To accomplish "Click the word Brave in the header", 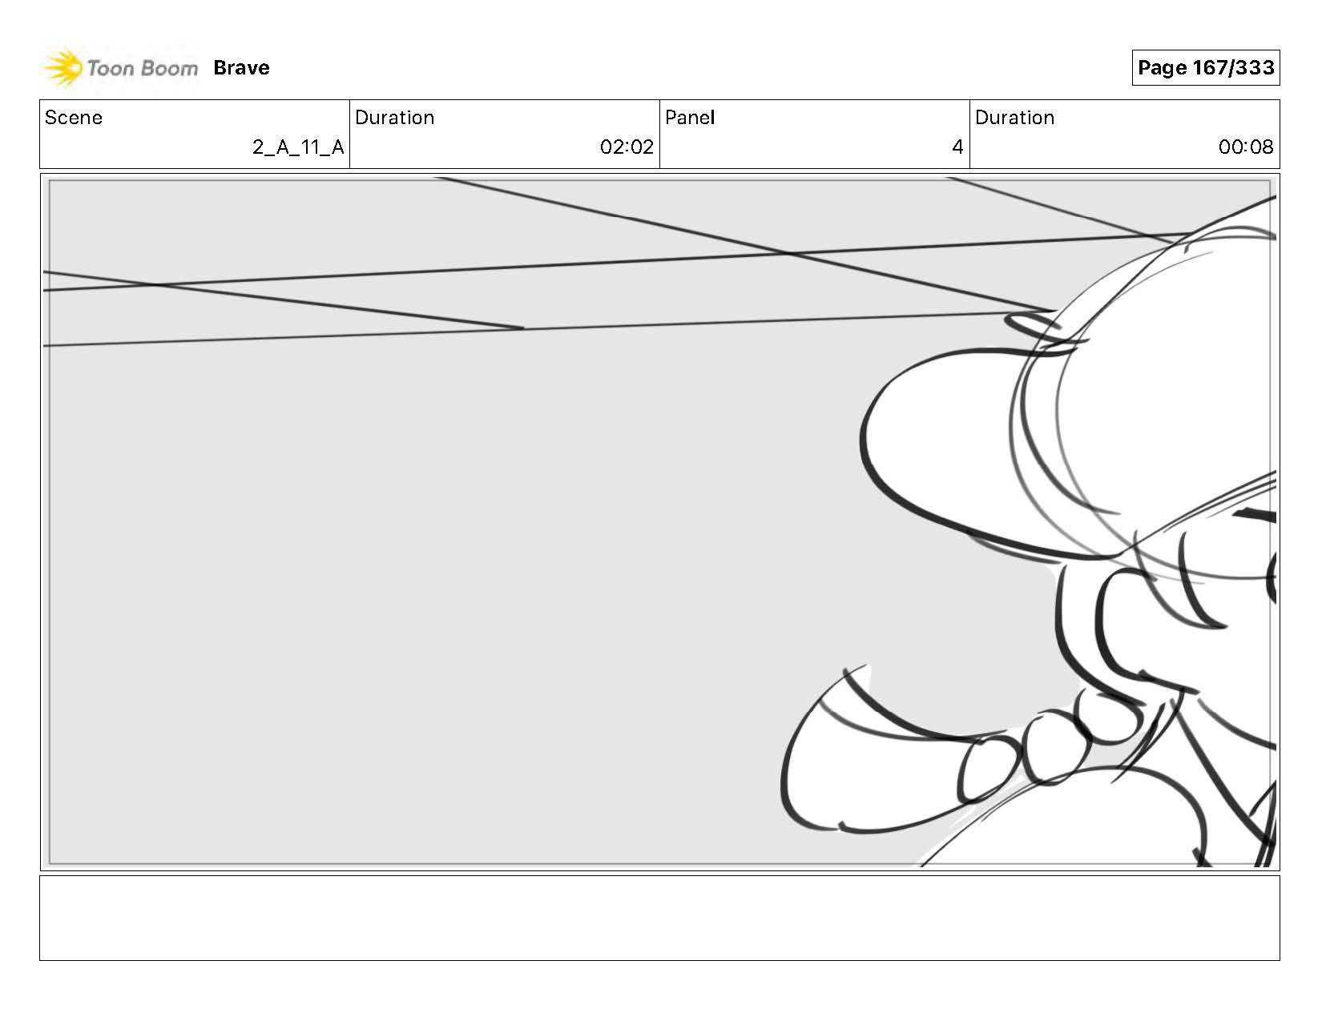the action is [x=241, y=68].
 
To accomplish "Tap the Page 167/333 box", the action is [x=1205, y=67].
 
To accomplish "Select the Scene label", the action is [x=74, y=118].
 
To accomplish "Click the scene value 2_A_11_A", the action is [x=298, y=147].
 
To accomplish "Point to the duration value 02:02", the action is [x=627, y=147].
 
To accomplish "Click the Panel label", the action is [x=689, y=118].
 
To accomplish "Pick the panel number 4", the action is [x=957, y=147].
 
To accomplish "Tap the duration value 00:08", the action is [x=1245, y=147].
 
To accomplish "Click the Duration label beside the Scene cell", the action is [x=394, y=118].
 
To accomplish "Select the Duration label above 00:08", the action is [x=1014, y=118].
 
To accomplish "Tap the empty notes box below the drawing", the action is [x=659, y=918].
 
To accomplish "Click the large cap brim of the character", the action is [x=945, y=448].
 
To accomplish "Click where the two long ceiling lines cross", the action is [x=789, y=254].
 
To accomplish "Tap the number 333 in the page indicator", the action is [x=1255, y=67].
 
